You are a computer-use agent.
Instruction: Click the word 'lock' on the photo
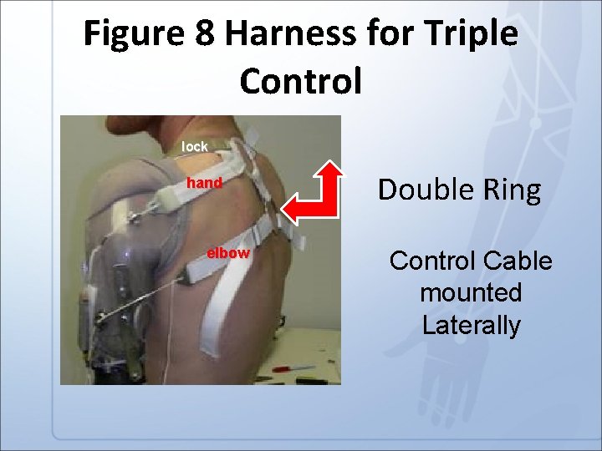(x=195, y=147)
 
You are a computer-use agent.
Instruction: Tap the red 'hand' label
(x=204, y=183)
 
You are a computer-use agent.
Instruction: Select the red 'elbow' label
(x=228, y=253)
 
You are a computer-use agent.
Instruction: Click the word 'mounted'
(x=471, y=293)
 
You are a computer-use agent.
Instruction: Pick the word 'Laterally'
(x=471, y=324)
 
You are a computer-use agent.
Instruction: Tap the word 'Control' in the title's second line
(x=301, y=81)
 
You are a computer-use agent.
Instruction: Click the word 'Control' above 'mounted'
(x=429, y=261)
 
